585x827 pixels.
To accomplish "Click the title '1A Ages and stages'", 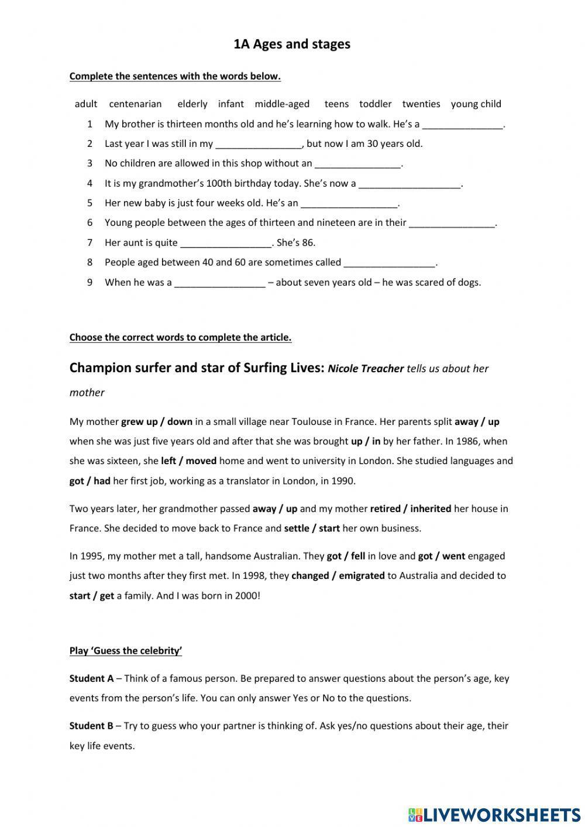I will pos(292,44).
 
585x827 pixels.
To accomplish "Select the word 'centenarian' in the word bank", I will pos(135,104).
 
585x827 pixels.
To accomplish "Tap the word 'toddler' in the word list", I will pos(375,104).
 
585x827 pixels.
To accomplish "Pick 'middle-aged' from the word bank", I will pos(282,104).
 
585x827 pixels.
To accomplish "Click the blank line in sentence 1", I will pos(462,125).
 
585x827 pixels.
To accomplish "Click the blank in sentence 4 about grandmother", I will pos(409,184).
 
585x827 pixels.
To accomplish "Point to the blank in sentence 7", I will pos(226,243).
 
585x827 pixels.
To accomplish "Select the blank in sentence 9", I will pos(220,283).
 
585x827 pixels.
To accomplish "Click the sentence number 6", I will pos(90,223).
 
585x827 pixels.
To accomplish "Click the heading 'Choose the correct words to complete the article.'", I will pos(180,337).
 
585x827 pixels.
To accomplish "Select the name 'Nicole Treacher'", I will pos(366,369).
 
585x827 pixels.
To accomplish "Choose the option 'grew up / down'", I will pos(157,422).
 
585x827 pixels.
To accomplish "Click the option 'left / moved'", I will pos(188,461).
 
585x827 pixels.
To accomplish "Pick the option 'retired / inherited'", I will pos(410,509).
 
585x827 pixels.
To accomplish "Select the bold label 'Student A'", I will pos(91,679).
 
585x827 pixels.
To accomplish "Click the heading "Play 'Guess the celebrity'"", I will pos(126,651).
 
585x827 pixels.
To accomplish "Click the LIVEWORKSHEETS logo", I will pos(494,814).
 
